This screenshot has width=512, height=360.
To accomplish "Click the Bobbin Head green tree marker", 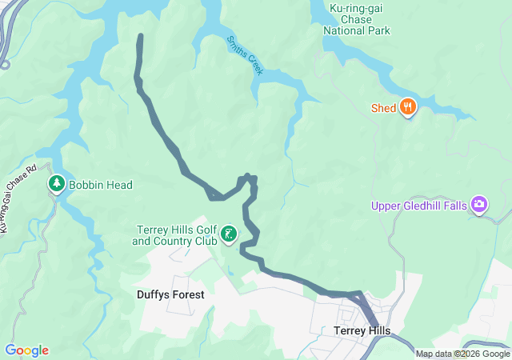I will pyautogui.click(x=57, y=184).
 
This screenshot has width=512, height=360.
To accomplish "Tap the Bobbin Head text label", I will pyautogui.click(x=100, y=185).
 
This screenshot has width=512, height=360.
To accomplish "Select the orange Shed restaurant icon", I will pyautogui.click(x=408, y=108).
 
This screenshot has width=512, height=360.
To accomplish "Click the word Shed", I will pyautogui.click(x=384, y=108).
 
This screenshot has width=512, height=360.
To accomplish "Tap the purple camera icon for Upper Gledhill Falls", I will pyautogui.click(x=479, y=206).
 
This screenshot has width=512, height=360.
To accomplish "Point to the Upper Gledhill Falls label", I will pyautogui.click(x=418, y=206).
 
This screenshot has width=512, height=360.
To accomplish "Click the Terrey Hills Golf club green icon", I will pyautogui.click(x=230, y=234).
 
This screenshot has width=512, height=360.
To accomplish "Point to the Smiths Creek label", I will pyautogui.click(x=245, y=55).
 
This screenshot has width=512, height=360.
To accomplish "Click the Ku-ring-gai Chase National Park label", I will pyautogui.click(x=356, y=19).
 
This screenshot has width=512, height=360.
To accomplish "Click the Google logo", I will pyautogui.click(x=26, y=350).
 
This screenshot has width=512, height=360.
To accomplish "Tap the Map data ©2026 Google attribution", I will pyautogui.click(x=462, y=354).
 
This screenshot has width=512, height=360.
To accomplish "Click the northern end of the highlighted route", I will pyautogui.click(x=141, y=36).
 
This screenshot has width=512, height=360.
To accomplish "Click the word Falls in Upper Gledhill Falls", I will pyautogui.click(x=453, y=206).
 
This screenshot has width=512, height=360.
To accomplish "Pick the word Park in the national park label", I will pyautogui.click(x=378, y=30).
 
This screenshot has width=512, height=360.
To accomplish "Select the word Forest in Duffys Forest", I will pyautogui.click(x=187, y=294).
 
